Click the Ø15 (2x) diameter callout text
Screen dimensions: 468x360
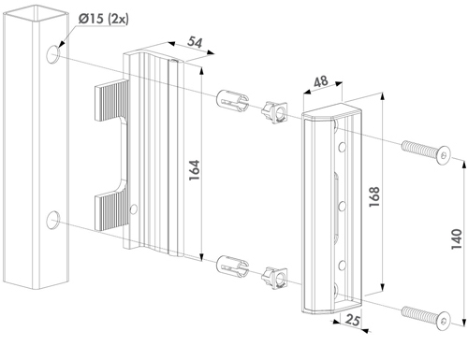coord(103,19)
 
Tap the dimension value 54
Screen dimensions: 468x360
coord(195,42)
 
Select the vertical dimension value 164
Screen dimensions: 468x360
coord(194,170)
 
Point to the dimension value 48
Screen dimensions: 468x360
coord(321,81)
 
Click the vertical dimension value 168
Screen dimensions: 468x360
coord(374,196)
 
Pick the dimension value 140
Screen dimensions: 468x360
coord(457,238)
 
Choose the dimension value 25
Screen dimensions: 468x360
coord(353,320)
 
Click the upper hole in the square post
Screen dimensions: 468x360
coord(53,54)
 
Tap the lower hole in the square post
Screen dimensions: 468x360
coord(53,220)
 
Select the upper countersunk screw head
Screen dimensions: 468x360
coord(444,155)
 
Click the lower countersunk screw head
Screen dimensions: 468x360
coord(444,321)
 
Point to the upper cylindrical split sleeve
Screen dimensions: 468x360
coord(232,100)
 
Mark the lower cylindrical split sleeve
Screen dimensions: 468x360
coord(232,266)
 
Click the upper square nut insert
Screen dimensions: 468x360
coord(275,112)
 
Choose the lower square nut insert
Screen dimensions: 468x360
coord(275,278)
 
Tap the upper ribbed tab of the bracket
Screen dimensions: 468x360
coord(111,100)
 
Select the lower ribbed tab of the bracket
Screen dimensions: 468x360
coord(111,211)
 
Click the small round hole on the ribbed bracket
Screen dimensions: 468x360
coord(134,209)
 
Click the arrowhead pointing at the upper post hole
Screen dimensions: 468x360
coord(61,45)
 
